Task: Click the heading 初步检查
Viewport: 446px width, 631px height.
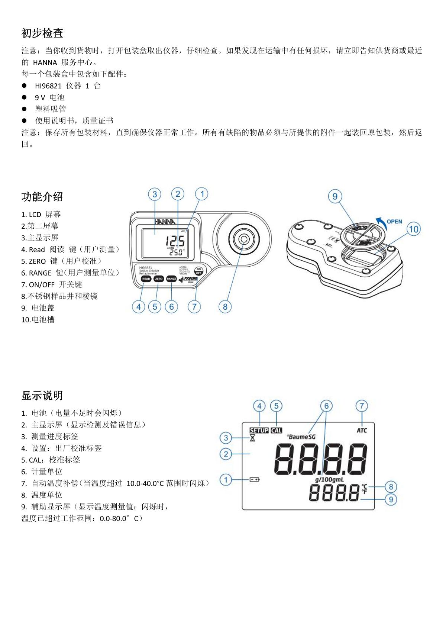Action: pos(42,33)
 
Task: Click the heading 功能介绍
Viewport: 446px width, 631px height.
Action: pos(42,197)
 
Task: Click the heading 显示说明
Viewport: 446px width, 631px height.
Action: pos(42,395)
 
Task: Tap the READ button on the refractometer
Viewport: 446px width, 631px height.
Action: pos(146,279)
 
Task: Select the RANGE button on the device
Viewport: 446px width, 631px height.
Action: pos(171,279)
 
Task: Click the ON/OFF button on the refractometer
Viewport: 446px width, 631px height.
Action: pos(198,271)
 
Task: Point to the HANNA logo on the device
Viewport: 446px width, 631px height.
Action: pos(165,222)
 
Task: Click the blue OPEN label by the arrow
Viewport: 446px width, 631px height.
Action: pos(394,222)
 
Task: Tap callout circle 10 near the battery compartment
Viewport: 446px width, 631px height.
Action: pos(414,229)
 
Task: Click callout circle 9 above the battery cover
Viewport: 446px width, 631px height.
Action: pos(335,196)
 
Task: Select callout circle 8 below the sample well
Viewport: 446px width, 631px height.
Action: pos(225,307)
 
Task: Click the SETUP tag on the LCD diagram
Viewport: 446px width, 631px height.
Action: pos(259,430)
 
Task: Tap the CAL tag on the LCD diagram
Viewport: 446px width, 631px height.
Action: pos(276,430)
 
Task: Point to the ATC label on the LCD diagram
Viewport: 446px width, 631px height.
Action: pos(362,430)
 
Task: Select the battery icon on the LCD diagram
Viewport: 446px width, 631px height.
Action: pos(255,480)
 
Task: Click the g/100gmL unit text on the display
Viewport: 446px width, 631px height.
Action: pos(329,479)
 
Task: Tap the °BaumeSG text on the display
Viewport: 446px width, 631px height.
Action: pos(301,437)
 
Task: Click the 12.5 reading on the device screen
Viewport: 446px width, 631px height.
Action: pos(175,242)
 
